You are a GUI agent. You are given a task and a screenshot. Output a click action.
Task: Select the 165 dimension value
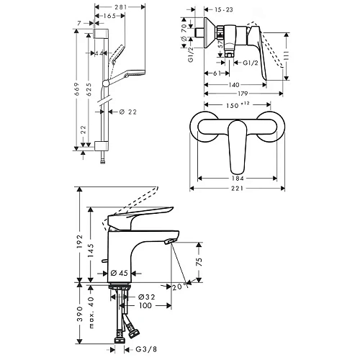109,16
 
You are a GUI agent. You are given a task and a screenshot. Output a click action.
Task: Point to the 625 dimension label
89,87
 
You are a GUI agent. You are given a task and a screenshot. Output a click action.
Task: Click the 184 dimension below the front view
235,179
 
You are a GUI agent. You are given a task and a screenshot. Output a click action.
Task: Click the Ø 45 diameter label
120,274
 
